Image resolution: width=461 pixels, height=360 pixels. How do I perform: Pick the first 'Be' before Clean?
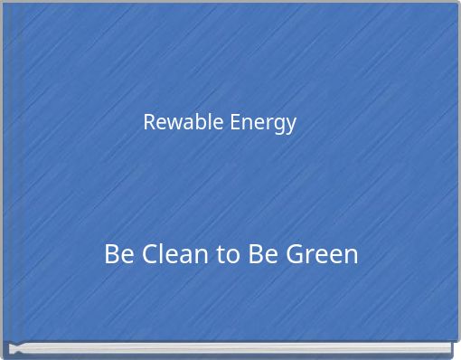coord(118,254)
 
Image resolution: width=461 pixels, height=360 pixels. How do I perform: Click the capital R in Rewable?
coord(149,121)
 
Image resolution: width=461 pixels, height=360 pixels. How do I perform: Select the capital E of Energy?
coord(234,121)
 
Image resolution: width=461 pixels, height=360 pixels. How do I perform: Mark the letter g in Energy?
coord(278,124)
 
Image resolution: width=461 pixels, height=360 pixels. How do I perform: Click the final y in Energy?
coord(290,124)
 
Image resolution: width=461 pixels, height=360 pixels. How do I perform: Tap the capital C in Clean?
coord(149,254)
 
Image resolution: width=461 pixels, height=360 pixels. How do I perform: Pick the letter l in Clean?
coord(163,253)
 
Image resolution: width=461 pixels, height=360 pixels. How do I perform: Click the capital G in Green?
coord(295,254)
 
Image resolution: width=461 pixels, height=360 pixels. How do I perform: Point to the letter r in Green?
coord(311,256)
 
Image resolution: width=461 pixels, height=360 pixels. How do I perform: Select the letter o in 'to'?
coord(231,256)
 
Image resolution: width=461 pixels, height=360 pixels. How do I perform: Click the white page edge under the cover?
coord(230,346)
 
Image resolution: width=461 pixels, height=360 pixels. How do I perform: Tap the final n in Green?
coord(351,256)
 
